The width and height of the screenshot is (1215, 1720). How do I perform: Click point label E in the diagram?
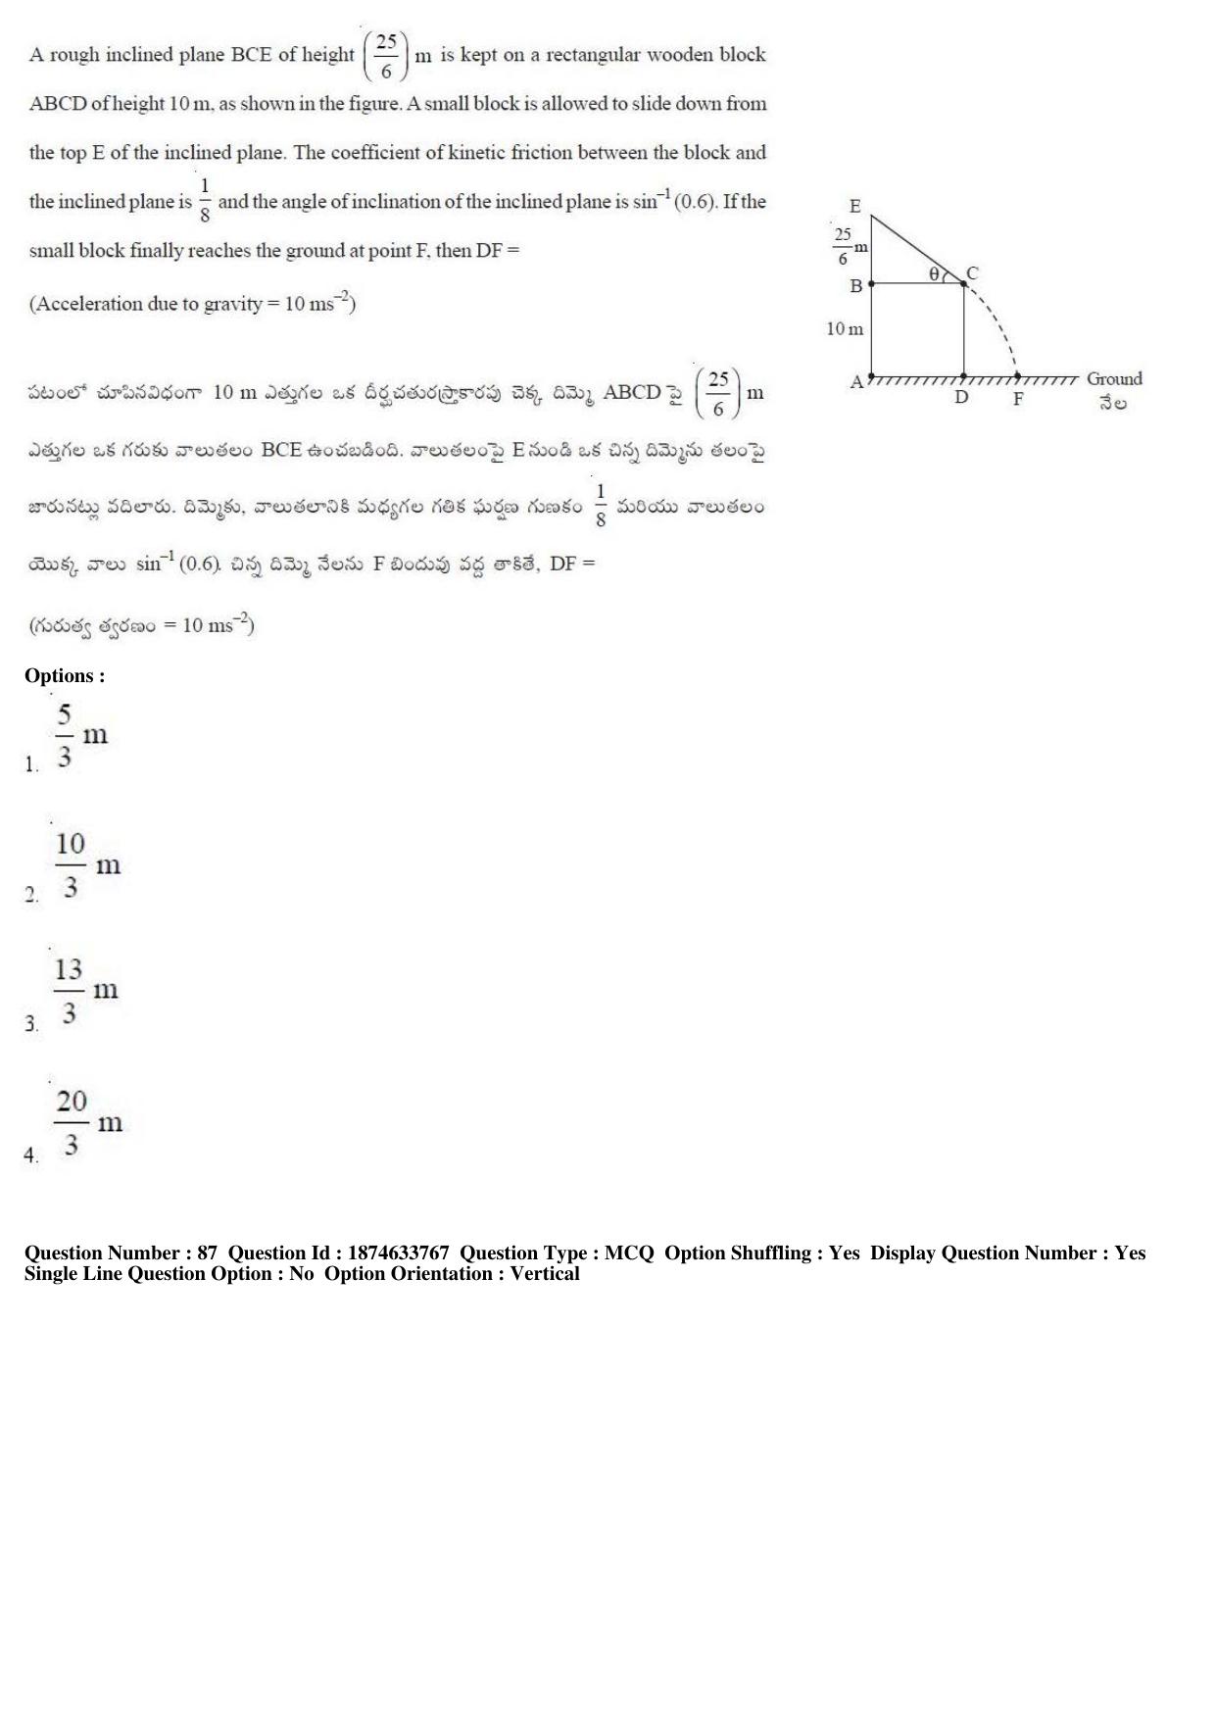855,206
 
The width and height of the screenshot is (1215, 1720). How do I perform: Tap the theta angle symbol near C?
935,274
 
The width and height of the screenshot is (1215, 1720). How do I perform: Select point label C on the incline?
972,273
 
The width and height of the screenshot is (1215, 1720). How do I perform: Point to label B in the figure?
855,286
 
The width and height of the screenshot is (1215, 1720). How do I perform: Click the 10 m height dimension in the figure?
845,329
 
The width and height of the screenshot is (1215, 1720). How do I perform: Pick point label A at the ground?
855,382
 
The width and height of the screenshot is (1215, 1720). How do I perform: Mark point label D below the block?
961,398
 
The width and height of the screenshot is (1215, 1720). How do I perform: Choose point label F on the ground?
1018,399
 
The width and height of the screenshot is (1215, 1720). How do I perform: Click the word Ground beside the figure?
1114,379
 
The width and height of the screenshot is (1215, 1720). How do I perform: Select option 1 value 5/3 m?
80,735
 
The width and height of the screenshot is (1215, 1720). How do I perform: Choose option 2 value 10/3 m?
87,865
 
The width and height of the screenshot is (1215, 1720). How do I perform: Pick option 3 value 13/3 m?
85,991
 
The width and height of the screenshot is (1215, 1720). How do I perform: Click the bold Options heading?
65,676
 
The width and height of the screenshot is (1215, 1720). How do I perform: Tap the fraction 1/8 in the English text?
205,200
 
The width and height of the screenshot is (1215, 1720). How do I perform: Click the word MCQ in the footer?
628,1253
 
